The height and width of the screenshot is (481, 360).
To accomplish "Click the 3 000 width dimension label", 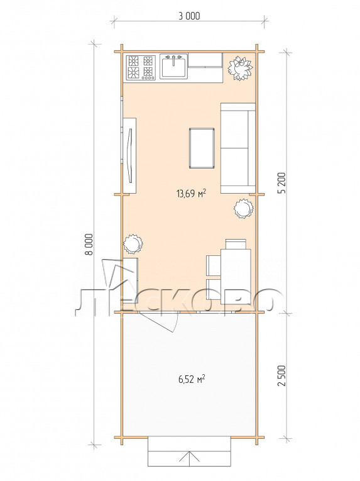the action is (189, 16).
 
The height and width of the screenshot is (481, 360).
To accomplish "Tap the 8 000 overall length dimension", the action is (89, 245).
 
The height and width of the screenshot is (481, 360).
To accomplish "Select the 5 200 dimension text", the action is (282, 183).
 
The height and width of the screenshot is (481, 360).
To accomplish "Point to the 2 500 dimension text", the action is (282, 375).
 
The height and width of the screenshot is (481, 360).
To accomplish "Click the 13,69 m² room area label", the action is (191, 193).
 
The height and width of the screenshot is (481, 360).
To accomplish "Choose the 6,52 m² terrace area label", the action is (192, 379).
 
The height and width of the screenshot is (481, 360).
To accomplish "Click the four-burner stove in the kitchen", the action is (141, 68).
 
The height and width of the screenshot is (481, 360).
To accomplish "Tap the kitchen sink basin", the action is (173, 67).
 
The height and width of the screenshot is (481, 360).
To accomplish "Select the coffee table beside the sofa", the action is (202, 148).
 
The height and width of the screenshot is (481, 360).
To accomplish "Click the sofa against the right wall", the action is (238, 148).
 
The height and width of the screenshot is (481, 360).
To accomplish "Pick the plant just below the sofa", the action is (244, 209).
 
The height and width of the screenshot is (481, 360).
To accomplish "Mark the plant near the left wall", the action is (133, 244).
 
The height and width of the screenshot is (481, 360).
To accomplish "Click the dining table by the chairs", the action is (236, 277).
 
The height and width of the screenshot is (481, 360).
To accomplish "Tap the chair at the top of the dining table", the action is (236, 244).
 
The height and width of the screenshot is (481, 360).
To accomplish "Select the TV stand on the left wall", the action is (129, 156).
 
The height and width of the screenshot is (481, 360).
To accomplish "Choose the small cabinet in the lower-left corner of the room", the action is (130, 281).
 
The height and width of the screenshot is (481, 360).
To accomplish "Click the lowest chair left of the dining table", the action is (214, 290).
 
